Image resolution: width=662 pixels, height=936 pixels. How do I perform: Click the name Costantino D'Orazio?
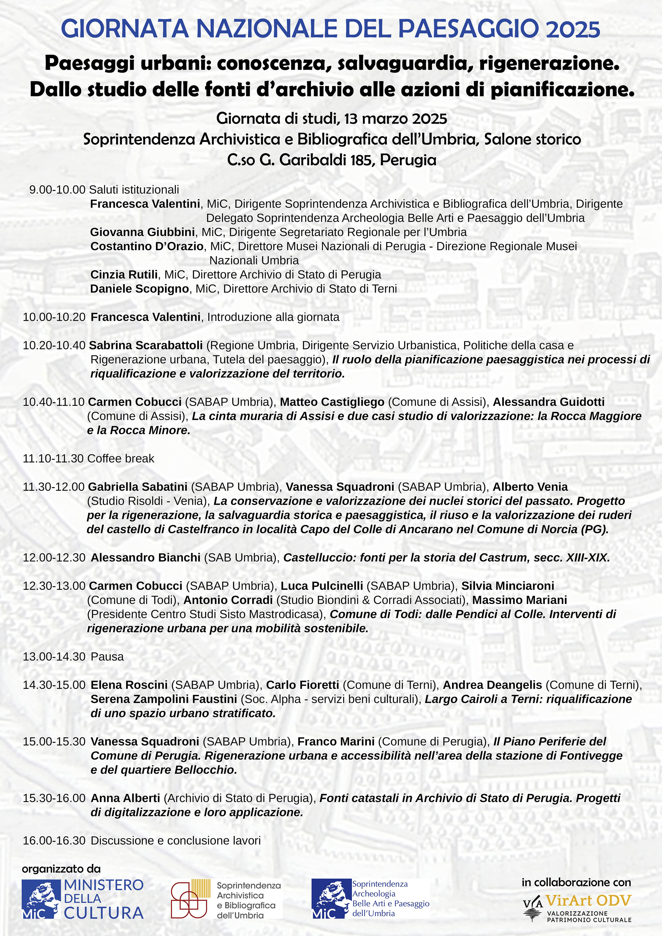pyautogui.click(x=147, y=246)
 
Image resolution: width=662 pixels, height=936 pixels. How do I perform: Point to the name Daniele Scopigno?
pyautogui.click(x=140, y=289)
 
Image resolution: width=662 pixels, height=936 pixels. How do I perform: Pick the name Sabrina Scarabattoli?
pyautogui.click(x=146, y=345)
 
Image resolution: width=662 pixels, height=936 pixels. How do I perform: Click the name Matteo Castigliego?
pyautogui.click(x=332, y=402)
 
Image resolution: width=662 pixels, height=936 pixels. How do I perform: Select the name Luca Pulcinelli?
pyautogui.click(x=322, y=586)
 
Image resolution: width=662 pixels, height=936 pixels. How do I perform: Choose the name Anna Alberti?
pyautogui.click(x=125, y=798)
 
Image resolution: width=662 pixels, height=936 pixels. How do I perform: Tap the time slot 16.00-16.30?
pyautogui.click(x=54, y=840)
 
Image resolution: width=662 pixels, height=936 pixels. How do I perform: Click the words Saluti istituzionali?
pyautogui.click(x=134, y=190)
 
